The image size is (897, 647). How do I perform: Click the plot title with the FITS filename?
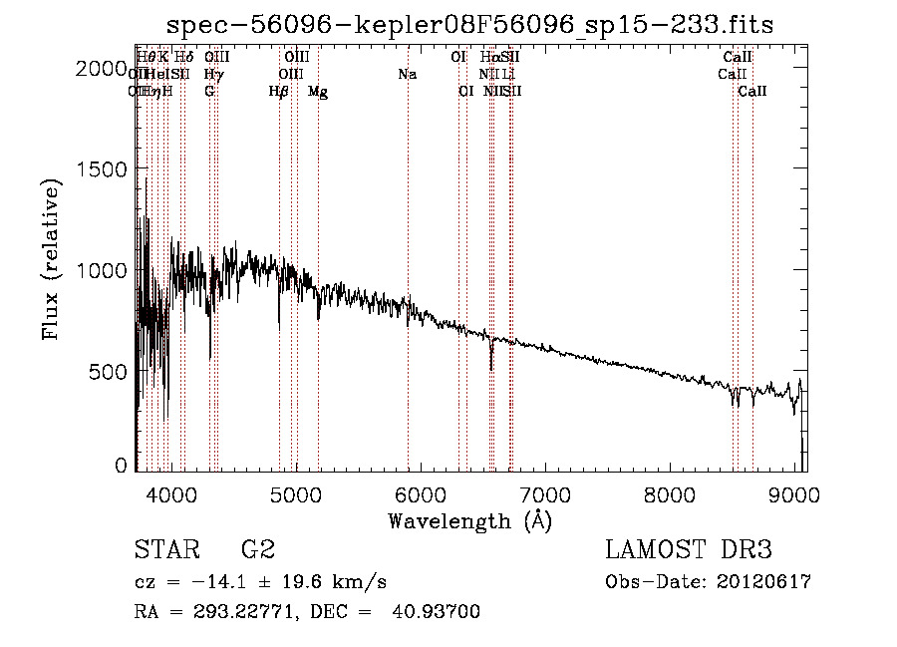[x=470, y=24]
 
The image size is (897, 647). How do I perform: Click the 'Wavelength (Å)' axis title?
[x=469, y=521]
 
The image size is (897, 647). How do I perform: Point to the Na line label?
[x=407, y=75]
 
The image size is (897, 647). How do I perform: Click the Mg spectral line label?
[x=318, y=92]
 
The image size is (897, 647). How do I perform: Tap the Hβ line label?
[x=279, y=92]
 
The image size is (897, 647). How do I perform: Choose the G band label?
[x=209, y=92]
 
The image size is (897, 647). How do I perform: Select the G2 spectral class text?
[x=257, y=550]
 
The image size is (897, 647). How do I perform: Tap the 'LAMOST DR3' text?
[x=688, y=550]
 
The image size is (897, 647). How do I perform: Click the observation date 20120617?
[x=763, y=582]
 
